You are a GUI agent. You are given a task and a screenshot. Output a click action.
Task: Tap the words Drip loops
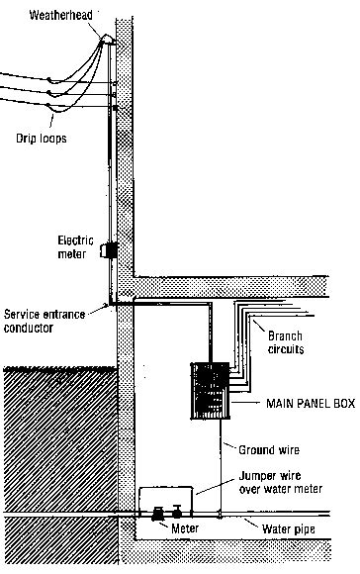click(x=41, y=140)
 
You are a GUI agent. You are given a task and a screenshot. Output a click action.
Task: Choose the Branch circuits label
click(x=286, y=341)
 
